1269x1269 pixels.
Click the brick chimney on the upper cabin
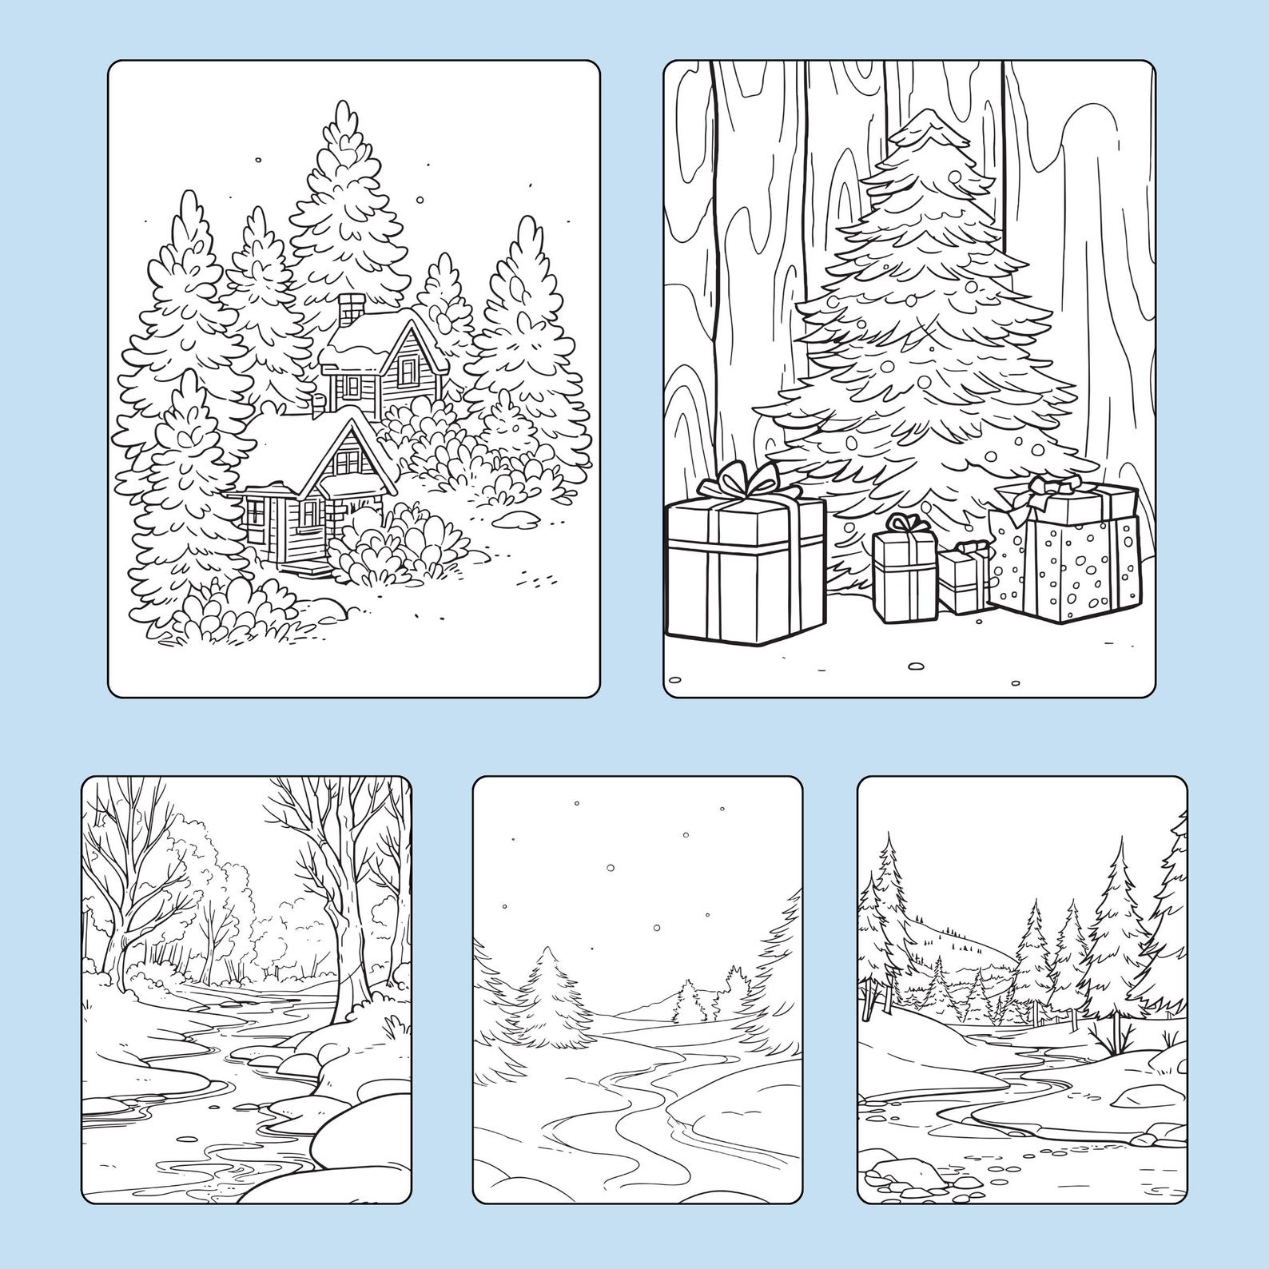click(x=350, y=308)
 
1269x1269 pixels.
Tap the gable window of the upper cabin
click(x=408, y=370)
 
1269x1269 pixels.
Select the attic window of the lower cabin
click(x=348, y=460)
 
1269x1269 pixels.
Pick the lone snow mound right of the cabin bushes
click(x=512, y=519)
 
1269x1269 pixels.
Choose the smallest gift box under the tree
click(x=965, y=578)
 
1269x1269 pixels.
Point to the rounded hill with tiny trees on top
click(x=959, y=951)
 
